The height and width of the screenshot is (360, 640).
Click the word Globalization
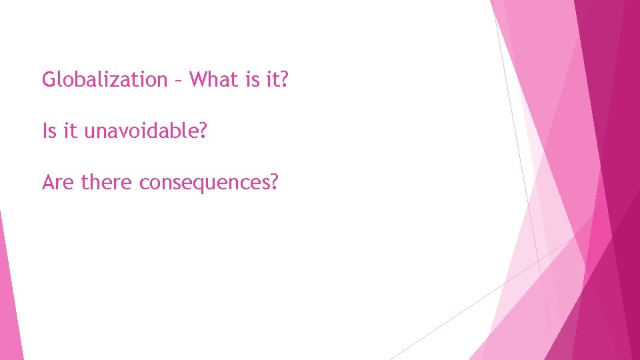coord(105,80)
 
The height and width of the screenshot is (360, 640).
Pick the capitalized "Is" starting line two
coord(49,131)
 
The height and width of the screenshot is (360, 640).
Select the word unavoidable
coord(139,131)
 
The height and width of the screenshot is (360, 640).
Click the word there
coord(107,181)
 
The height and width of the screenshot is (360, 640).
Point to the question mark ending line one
coord(285,80)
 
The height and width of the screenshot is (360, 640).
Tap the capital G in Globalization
coord(49,80)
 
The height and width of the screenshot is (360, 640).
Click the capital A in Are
coord(48,181)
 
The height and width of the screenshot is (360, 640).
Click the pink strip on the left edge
coord(8,293)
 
